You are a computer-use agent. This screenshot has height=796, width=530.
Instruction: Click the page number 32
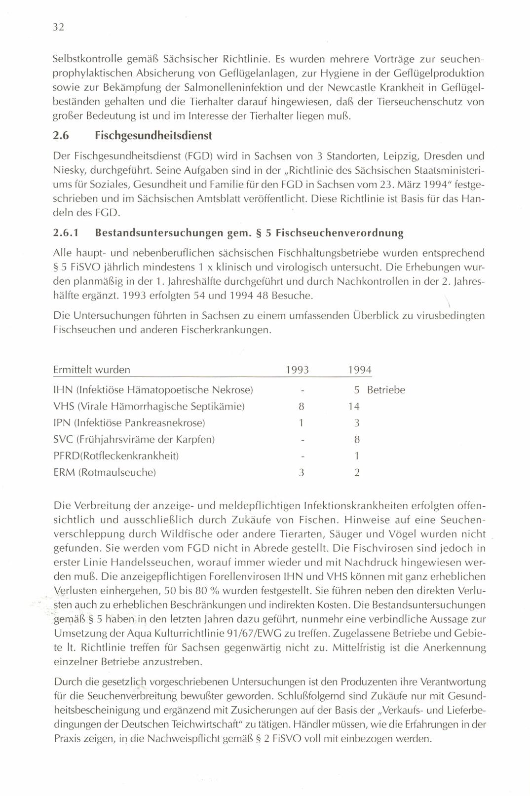(x=59, y=27)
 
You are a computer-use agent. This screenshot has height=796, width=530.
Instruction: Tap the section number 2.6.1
(x=66, y=232)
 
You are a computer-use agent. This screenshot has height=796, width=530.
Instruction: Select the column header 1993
(x=298, y=370)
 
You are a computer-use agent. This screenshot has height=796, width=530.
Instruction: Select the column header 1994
(x=359, y=370)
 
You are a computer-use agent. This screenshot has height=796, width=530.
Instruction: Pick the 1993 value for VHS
(x=301, y=407)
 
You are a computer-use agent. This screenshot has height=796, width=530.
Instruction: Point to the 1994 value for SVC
(x=357, y=439)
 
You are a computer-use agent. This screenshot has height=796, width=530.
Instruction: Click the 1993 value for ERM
(x=301, y=472)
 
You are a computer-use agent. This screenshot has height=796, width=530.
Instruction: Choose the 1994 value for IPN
(x=357, y=423)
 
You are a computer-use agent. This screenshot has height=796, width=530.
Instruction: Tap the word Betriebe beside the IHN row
(x=386, y=390)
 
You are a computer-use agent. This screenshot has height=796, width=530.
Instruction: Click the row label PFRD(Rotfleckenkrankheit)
(x=116, y=456)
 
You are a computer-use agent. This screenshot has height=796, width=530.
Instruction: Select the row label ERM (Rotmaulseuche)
(x=105, y=472)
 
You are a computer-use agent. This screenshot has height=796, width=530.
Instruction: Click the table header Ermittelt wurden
(x=92, y=370)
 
